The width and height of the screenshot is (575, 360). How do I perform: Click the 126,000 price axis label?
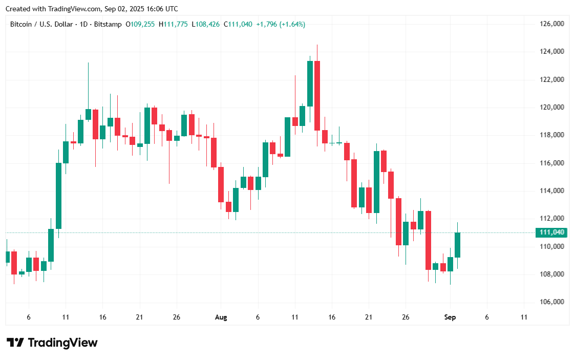pyautogui.click(x=552, y=24)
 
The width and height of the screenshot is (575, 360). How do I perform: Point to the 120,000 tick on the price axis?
pyautogui.click(x=552, y=108)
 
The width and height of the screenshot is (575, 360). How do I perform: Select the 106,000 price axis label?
pyautogui.click(x=552, y=302)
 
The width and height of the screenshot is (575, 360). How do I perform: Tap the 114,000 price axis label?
pyautogui.click(x=552, y=191)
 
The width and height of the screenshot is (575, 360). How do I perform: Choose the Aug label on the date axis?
pyautogui.click(x=221, y=317)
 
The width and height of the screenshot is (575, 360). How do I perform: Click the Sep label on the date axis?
pyautogui.click(x=450, y=317)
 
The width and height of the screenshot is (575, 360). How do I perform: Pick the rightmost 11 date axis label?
pyautogui.click(x=524, y=317)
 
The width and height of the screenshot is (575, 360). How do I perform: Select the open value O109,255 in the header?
pyautogui.click(x=141, y=24)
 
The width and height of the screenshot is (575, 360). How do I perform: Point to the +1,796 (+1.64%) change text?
pyautogui.click(x=281, y=24)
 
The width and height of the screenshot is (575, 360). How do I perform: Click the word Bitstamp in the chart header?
pyautogui.click(x=109, y=24)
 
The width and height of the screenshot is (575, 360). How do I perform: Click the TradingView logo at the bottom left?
pyautogui.click(x=52, y=343)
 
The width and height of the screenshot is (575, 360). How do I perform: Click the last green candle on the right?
pyautogui.click(x=457, y=245)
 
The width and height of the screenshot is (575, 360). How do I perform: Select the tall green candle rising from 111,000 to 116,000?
pyautogui.click(x=58, y=196)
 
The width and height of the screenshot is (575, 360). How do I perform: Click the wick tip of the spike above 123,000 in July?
pyautogui.click(x=88, y=63)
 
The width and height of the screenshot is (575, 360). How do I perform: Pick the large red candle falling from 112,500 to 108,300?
pyautogui.click(x=428, y=240)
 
